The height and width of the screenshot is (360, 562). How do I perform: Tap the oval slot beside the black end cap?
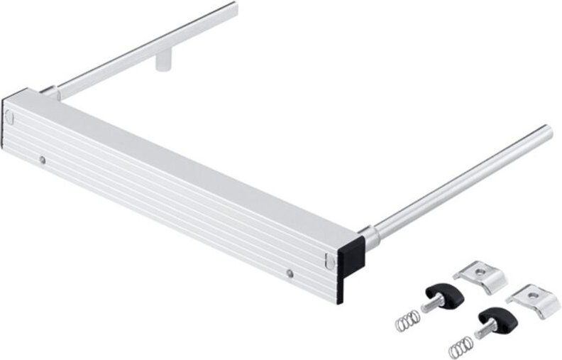click(x=327, y=261)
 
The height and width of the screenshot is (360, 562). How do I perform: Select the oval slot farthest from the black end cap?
click(x=10, y=116)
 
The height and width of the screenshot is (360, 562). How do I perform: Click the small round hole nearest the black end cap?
click(x=289, y=272)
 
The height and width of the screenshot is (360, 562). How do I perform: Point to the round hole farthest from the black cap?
click(x=43, y=160)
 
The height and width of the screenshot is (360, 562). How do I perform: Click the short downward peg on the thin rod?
click(x=163, y=62)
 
